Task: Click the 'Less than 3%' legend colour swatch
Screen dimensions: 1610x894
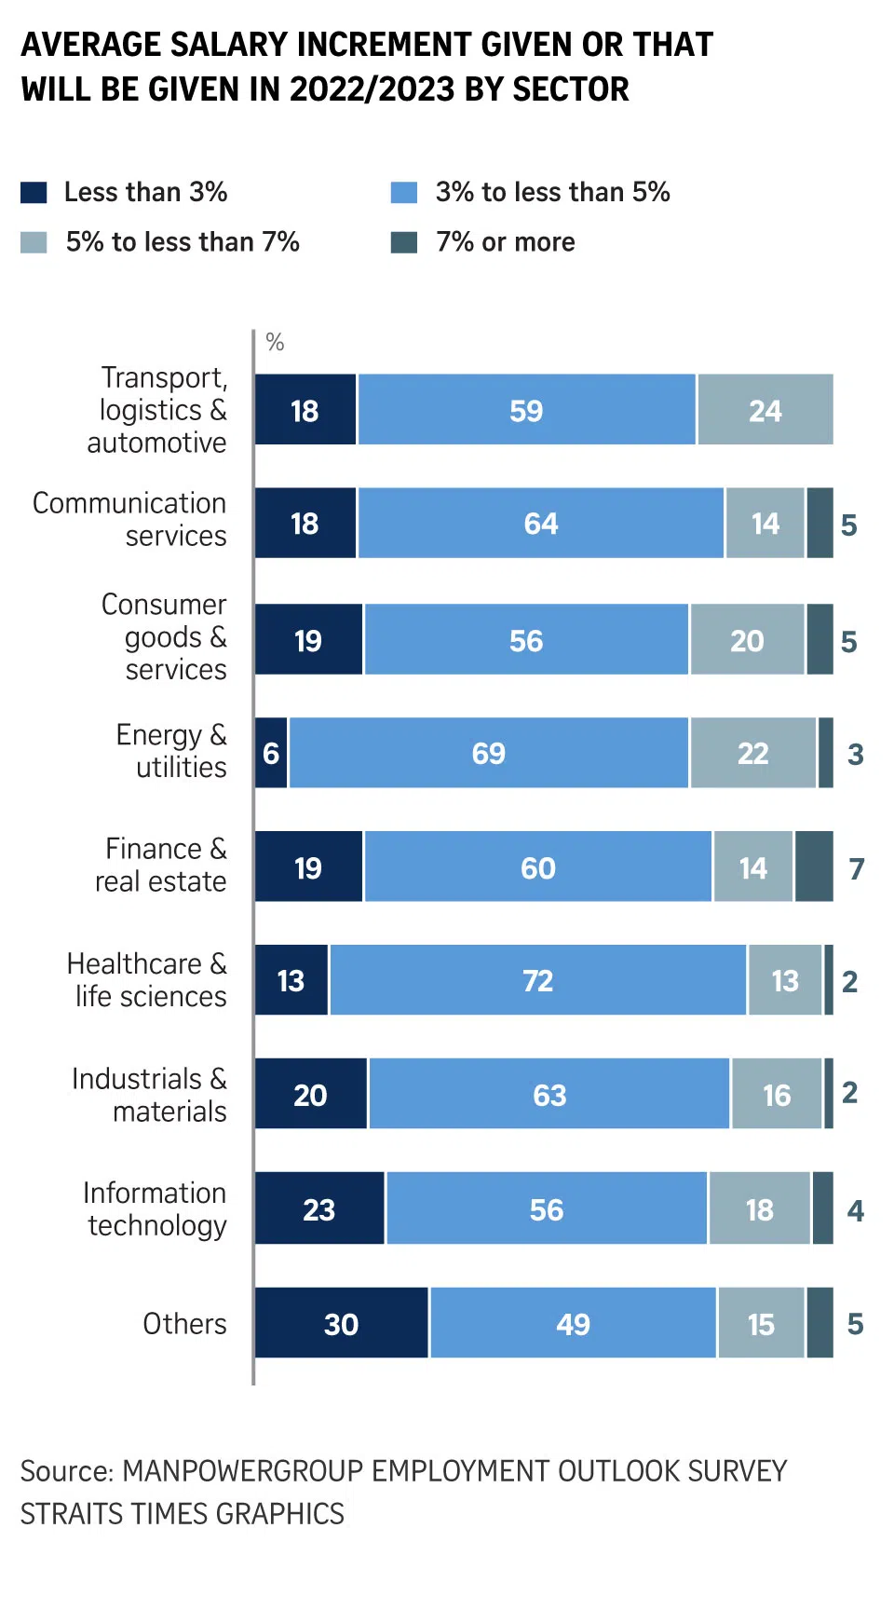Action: pos(34,192)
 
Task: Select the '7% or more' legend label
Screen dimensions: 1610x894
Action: pos(505,242)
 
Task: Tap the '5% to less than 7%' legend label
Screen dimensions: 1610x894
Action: pos(183,242)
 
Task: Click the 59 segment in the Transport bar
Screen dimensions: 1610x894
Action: pos(526,410)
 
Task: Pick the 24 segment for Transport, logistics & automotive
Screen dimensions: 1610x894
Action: pos(765,410)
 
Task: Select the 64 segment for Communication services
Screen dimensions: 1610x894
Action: pos(540,524)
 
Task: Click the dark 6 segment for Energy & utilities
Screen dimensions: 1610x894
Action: pos(271,753)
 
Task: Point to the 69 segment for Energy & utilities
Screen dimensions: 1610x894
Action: pos(489,753)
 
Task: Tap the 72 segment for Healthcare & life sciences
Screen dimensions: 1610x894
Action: pos(537,980)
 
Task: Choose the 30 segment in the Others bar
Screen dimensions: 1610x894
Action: pos(341,1323)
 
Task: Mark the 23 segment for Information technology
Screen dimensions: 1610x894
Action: pos(319,1208)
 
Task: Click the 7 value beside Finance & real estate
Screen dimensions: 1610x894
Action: pos(857,868)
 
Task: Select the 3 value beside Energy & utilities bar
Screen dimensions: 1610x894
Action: pos(856,754)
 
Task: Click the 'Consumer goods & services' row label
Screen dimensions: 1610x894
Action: pos(164,637)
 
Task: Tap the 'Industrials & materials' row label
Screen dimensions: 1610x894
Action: pos(150,1095)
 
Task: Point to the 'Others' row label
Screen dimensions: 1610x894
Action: pos(184,1323)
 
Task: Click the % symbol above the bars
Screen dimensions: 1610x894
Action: pos(275,342)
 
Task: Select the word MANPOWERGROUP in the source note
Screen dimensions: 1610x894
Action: pos(243,1470)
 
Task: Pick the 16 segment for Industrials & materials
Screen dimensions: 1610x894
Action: pos(777,1094)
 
